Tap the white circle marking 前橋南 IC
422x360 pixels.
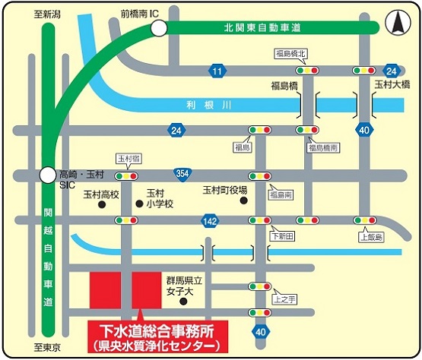158,28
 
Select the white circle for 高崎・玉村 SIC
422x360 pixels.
48,174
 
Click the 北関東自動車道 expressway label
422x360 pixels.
262,28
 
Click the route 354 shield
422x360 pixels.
181,174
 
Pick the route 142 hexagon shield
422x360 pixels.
210,220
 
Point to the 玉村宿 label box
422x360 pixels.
127,159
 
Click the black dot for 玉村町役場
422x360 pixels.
244,201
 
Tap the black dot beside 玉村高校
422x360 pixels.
102,204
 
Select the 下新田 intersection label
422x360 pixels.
281,236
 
